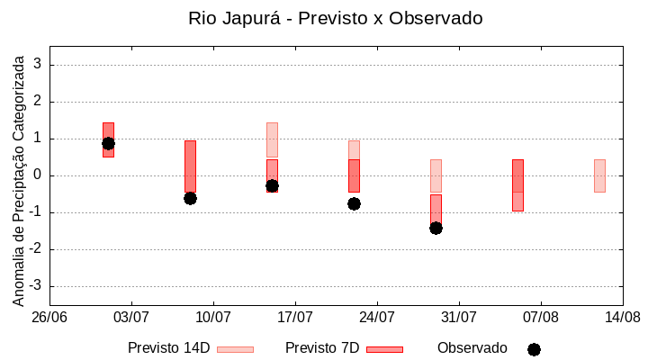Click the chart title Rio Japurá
pyautogui.click(x=335, y=18)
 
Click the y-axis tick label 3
pyautogui.click(x=38, y=65)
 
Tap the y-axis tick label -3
pyautogui.click(x=35, y=286)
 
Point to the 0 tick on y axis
pyautogui.click(x=38, y=175)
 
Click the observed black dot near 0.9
pyautogui.click(x=108, y=143)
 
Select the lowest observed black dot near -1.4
pyautogui.click(x=436, y=228)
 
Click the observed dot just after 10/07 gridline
pyautogui.click(x=190, y=198)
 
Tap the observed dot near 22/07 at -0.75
pyautogui.click(x=354, y=203)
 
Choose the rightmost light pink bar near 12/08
pyautogui.click(x=599, y=175)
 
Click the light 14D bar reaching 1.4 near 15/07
pyautogui.click(x=272, y=139)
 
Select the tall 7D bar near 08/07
pyautogui.click(x=190, y=166)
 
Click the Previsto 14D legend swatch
pyautogui.click(x=235, y=349)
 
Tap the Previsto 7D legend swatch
pyautogui.click(x=384, y=349)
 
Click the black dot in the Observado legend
pyautogui.click(x=534, y=349)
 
